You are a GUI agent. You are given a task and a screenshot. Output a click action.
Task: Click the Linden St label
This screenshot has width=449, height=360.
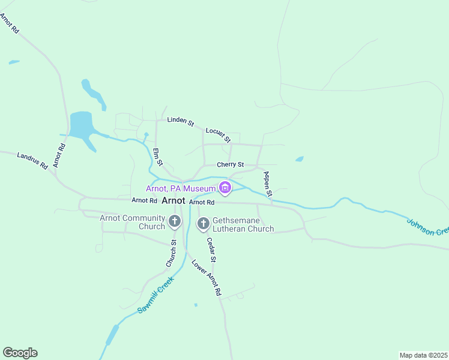click(x=181, y=122)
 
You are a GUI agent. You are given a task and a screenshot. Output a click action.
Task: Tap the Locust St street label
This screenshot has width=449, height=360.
click(x=218, y=134)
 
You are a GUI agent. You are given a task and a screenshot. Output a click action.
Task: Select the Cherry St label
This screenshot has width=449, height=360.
click(x=231, y=164)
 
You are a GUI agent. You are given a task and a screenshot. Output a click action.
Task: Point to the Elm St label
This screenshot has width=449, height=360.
click(x=158, y=157)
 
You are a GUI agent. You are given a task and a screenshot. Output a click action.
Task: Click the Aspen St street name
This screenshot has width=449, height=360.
click(x=268, y=184)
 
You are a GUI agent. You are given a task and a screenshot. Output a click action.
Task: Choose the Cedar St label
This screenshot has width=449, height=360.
click(x=211, y=249)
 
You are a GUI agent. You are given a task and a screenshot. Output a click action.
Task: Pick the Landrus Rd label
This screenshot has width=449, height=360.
click(x=32, y=160)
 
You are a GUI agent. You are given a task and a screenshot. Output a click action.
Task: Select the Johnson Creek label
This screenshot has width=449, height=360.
click(x=427, y=227)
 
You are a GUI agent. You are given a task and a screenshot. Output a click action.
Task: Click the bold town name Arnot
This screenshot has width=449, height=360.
click(x=173, y=202)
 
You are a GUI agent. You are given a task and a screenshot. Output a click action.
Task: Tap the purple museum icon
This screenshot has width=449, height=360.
click(x=225, y=188)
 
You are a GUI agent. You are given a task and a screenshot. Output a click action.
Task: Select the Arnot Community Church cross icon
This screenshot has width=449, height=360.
click(x=175, y=222)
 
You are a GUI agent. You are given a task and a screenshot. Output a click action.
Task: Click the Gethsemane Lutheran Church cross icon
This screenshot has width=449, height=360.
click(x=203, y=224)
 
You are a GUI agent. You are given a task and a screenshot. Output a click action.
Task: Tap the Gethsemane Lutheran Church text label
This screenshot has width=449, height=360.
click(x=243, y=224)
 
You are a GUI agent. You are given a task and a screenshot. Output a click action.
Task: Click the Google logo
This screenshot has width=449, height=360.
click(x=20, y=353)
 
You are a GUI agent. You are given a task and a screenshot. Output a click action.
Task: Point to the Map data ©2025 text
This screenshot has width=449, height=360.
click(x=423, y=355)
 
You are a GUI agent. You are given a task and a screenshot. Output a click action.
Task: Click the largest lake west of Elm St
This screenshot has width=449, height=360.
click(x=81, y=124)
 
